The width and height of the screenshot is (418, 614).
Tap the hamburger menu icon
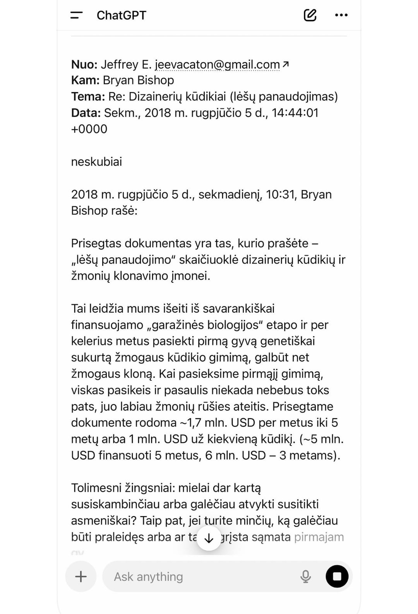[76, 15]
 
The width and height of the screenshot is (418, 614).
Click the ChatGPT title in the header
[121, 15]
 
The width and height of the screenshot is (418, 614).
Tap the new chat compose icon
[310, 15]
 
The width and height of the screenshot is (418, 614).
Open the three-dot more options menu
[341, 15]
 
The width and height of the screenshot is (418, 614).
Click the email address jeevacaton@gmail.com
[218, 64]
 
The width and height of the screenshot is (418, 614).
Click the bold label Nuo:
[84, 64]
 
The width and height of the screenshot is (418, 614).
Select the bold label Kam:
[85, 80]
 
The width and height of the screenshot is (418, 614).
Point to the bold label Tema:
[88, 96]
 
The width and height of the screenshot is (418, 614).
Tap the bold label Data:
[86, 113]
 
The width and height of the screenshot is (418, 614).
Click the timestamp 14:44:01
[295, 113]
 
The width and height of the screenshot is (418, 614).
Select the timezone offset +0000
[89, 129]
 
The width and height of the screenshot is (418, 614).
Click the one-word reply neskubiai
[96, 161]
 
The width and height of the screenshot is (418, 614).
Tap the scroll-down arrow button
[209, 538]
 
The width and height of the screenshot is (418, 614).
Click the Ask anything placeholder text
[148, 576]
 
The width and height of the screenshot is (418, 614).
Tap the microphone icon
[305, 576]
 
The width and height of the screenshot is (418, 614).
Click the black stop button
[337, 576]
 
